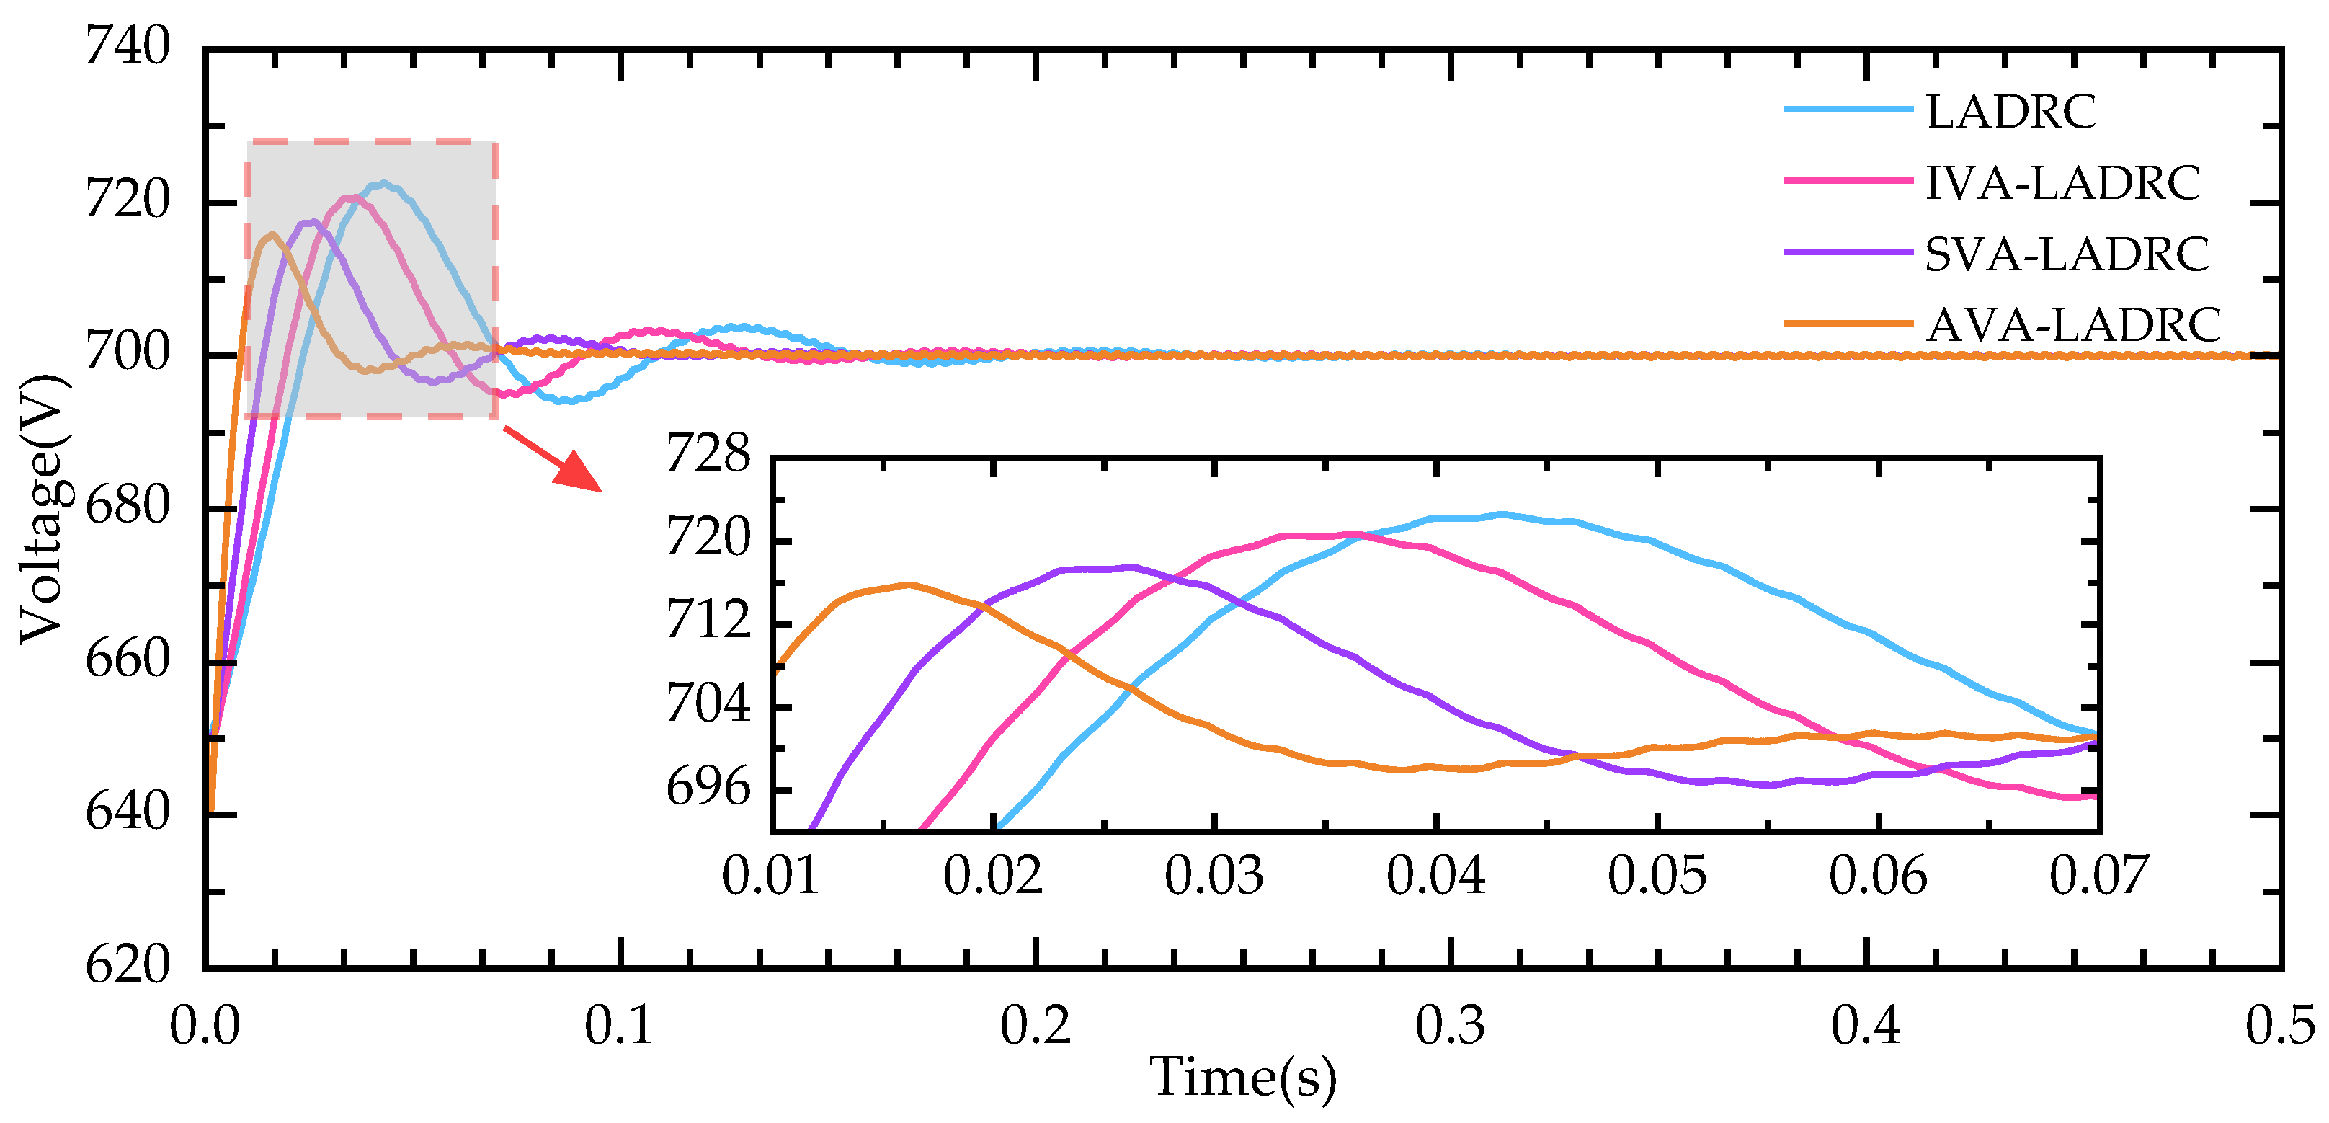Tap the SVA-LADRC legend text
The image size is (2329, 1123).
point(2066,253)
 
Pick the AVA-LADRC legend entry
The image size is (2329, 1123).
point(2072,324)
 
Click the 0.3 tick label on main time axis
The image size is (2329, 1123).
point(1449,1026)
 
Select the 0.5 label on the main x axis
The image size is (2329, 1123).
point(2279,1026)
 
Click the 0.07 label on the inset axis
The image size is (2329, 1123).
point(2098,875)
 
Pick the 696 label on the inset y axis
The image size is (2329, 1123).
point(708,789)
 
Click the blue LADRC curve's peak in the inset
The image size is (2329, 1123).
point(1501,514)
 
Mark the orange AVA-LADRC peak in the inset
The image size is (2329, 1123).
point(909,584)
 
